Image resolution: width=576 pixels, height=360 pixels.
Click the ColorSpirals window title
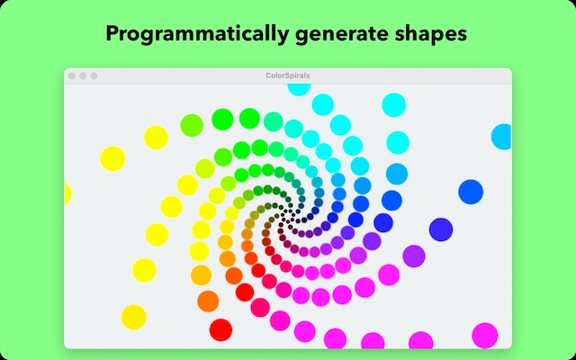click(287, 76)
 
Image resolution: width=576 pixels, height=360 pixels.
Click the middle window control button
click(83, 76)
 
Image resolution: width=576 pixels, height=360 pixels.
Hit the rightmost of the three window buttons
click(94, 76)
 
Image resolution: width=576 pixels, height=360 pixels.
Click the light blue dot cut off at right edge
click(501, 137)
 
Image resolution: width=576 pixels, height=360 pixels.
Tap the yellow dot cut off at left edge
click(67, 193)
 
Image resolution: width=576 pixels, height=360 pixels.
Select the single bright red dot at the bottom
click(220, 329)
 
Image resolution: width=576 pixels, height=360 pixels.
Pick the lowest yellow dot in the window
click(133, 316)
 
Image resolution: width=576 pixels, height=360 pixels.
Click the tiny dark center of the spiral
click(286, 216)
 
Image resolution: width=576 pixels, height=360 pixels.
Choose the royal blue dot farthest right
click(471, 192)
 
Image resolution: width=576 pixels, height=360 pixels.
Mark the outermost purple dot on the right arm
click(413, 256)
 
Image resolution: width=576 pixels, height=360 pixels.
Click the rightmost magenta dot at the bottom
click(484, 335)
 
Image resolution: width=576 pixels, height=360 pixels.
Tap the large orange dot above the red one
click(208, 301)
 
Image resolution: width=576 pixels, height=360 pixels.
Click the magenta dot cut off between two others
click(372, 341)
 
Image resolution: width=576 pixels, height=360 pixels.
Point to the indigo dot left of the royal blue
click(440, 229)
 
